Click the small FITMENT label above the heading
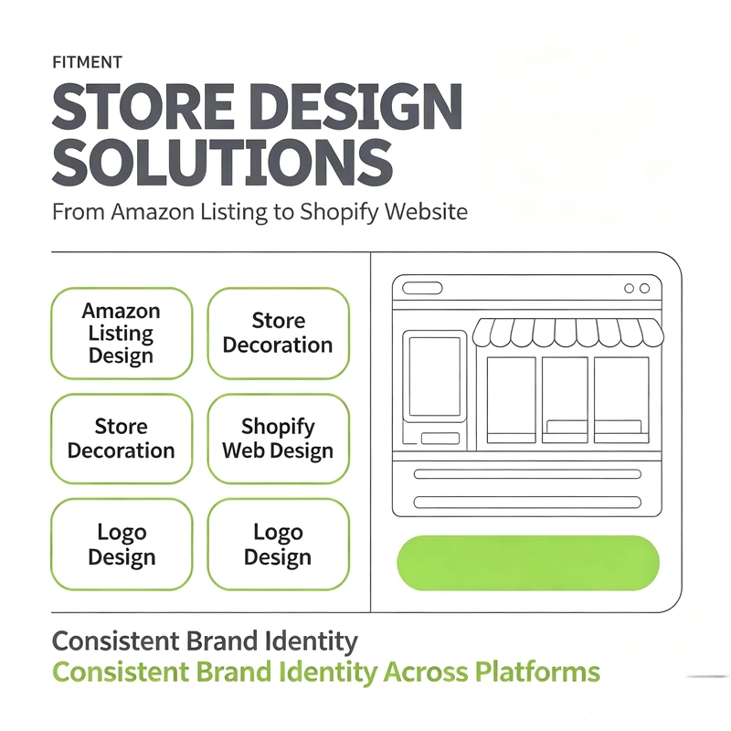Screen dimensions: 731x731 87,62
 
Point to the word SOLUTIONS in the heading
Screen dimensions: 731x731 222,162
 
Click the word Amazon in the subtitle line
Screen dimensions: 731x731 153,212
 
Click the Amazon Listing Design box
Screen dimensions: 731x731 122,334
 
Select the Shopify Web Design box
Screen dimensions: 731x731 279,439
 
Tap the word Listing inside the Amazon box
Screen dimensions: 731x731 121,333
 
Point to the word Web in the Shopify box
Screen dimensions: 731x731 243,450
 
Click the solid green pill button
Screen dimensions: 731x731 528,563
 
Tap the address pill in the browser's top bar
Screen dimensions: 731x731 422,288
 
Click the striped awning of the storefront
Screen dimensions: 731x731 567,333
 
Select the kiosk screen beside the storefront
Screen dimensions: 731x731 435,376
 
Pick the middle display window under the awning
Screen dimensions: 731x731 565,400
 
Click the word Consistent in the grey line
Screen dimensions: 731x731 116,641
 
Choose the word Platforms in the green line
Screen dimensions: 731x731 537,672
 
